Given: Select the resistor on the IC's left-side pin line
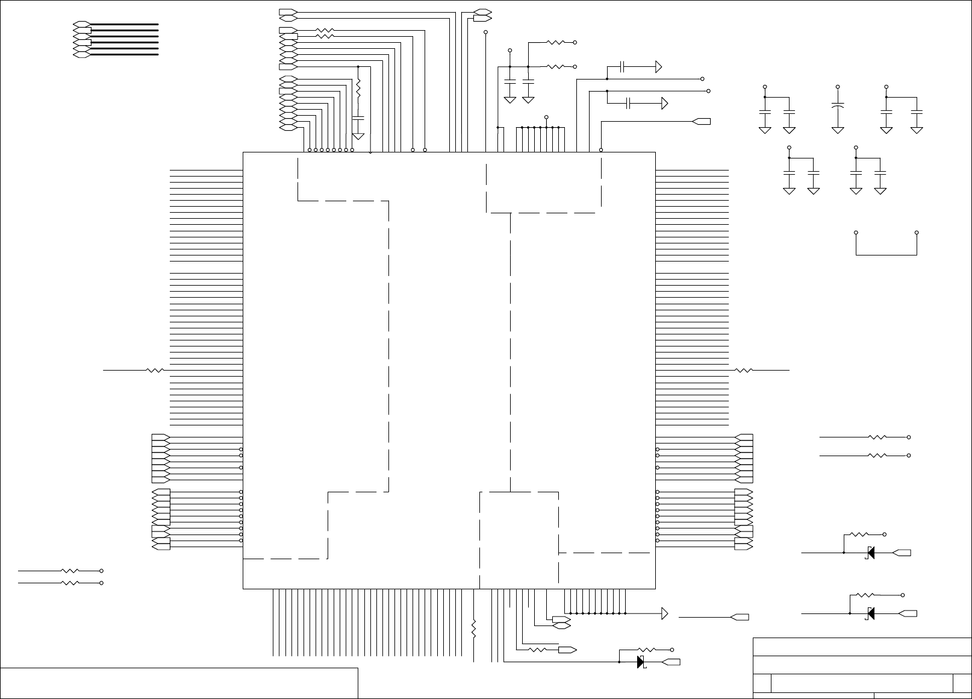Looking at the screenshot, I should coord(155,371).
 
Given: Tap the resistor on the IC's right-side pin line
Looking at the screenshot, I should coord(744,371).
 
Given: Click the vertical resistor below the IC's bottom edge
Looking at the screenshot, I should coord(474,628).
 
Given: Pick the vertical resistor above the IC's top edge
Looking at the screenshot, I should coord(358,89).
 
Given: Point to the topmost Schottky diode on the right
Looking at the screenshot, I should coord(870,553).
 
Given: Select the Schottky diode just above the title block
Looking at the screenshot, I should coord(870,614).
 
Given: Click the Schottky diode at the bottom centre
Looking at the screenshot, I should coord(641,662).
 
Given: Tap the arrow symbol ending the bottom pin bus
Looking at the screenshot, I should coord(665,613).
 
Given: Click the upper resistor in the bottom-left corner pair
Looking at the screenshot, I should coord(70,570).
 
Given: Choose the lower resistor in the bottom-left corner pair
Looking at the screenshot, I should coord(70,583).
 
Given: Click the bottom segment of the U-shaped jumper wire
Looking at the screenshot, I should coord(886,255).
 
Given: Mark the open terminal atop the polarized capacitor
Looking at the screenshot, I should coord(838,87).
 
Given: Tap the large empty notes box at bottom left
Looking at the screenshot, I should coord(179,683).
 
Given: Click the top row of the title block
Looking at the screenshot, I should coord(862,647).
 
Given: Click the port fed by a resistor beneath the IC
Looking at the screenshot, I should coord(567,650).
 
